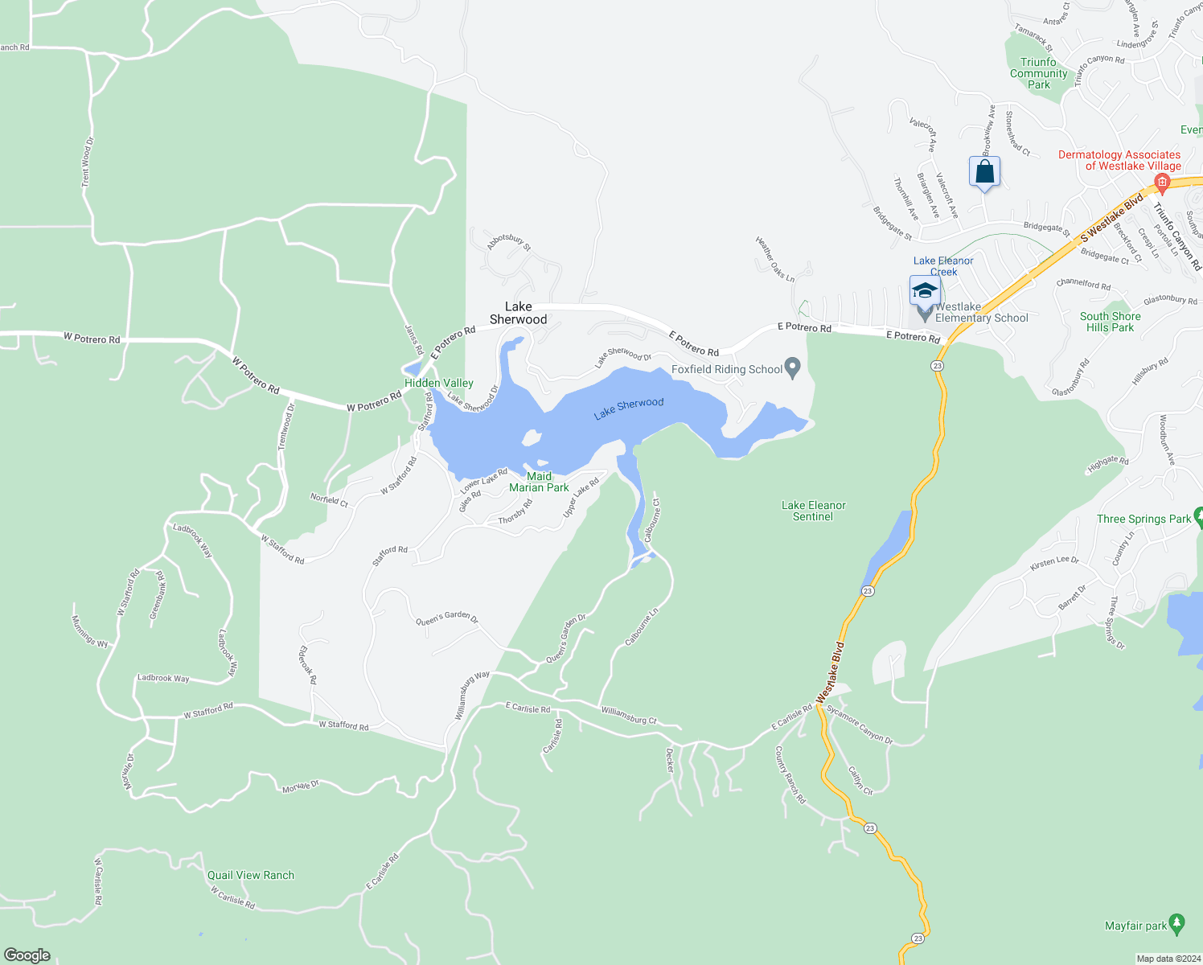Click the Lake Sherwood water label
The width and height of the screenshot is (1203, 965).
pyautogui.click(x=629, y=409)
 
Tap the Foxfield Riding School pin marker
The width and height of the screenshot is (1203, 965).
pyautogui.click(x=793, y=368)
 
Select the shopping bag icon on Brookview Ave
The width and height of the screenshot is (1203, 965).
pyautogui.click(x=984, y=173)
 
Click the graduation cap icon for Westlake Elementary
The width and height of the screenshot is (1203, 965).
pyautogui.click(x=925, y=290)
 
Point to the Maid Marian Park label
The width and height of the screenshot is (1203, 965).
pyautogui.click(x=539, y=482)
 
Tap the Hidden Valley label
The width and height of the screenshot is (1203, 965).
pyautogui.click(x=439, y=383)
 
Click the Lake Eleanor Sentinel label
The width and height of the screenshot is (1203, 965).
pyautogui.click(x=814, y=511)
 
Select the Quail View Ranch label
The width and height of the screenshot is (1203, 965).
pyautogui.click(x=251, y=875)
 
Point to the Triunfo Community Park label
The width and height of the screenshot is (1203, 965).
pyautogui.click(x=1039, y=73)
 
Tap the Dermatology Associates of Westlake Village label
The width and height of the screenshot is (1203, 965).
pyautogui.click(x=1119, y=160)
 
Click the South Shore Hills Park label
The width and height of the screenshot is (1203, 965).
pyautogui.click(x=1110, y=322)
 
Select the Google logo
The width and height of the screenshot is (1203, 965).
pyautogui.click(x=27, y=955)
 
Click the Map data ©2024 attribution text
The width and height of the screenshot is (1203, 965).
pyautogui.click(x=1166, y=959)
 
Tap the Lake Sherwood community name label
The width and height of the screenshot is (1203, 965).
pyautogui.click(x=519, y=313)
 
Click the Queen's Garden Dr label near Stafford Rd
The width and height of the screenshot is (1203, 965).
pyautogui.click(x=447, y=618)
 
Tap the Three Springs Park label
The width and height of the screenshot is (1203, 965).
pyautogui.click(x=1143, y=519)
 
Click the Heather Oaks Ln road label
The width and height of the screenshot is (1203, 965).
pyautogui.click(x=775, y=259)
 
